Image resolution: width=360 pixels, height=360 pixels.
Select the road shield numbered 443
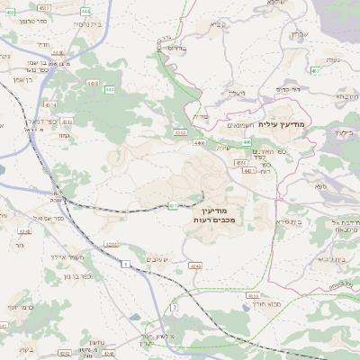click(x=110, y=90)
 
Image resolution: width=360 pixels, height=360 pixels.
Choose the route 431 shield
click(x=171, y=205)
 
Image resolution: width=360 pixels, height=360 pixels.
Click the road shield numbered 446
click(x=246, y=142)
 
